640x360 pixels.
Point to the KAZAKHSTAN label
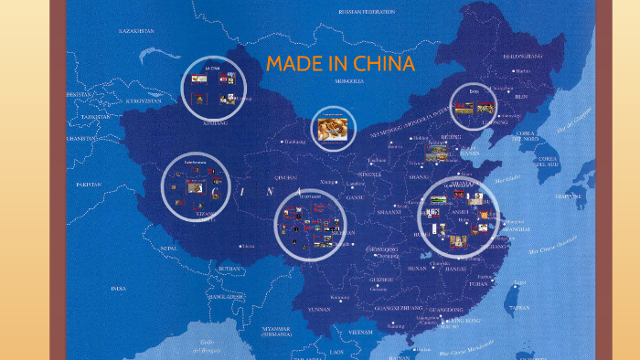[138, 31]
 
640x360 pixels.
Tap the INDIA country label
[119, 289]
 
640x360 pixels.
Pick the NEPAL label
[169, 248]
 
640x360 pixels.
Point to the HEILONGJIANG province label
[524, 56]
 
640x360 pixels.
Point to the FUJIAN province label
[477, 283]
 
